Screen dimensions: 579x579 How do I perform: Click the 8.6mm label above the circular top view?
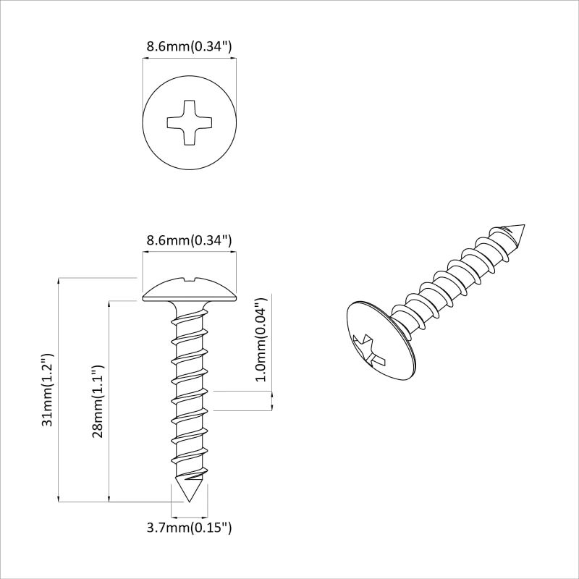click(x=189, y=47)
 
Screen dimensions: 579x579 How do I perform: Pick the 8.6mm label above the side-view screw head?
click(x=189, y=240)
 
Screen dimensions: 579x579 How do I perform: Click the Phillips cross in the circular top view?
click(x=190, y=121)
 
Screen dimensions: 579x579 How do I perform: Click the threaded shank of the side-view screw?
click(x=190, y=391)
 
